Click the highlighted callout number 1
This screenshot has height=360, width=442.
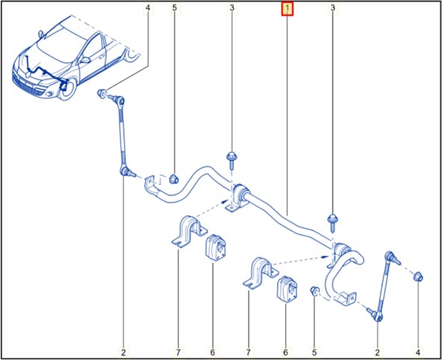(287, 10)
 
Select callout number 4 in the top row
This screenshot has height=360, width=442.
(148, 8)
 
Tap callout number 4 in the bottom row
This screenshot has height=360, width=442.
(418, 352)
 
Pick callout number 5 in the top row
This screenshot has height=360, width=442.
(175, 8)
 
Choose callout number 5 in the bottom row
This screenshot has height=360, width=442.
(315, 352)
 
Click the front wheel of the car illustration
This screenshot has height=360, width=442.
(68, 88)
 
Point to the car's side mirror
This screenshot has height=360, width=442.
(85, 60)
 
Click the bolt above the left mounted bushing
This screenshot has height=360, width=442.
(232, 160)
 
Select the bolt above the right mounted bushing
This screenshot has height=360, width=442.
(333, 223)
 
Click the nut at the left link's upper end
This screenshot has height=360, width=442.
(101, 93)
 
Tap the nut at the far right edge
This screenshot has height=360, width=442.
(418, 277)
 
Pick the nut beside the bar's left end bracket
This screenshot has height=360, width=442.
(173, 178)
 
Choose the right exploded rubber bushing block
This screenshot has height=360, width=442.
(288, 289)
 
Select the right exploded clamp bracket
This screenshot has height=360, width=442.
(261, 274)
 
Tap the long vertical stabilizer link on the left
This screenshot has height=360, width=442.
(122, 136)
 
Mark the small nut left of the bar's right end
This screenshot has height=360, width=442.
(314, 290)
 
